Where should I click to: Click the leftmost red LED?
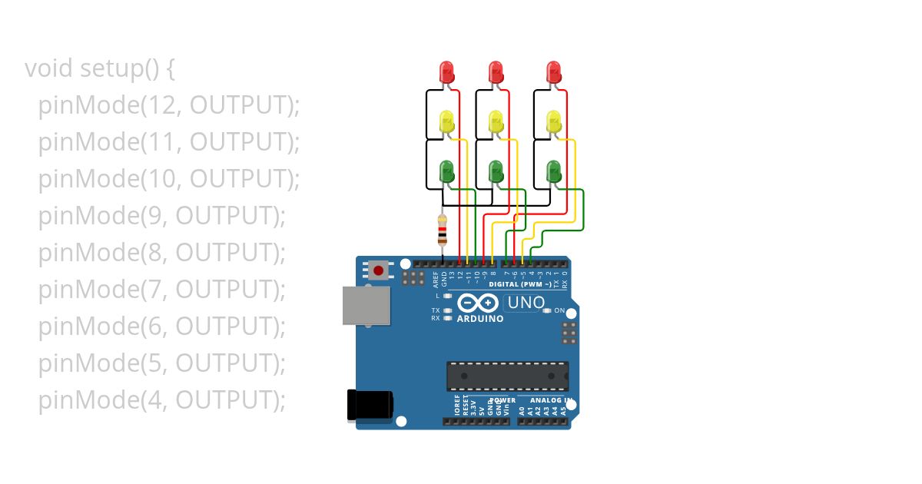[447, 72]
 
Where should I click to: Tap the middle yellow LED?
[496, 121]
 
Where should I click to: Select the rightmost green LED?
[553, 171]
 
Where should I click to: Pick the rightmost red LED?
[553, 72]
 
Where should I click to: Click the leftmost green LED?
[447, 171]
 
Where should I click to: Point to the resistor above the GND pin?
[442, 230]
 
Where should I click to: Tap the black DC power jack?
[369, 405]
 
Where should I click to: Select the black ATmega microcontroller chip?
[508, 376]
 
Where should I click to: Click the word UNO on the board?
[526, 303]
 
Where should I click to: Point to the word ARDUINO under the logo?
[480, 319]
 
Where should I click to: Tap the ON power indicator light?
[547, 311]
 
